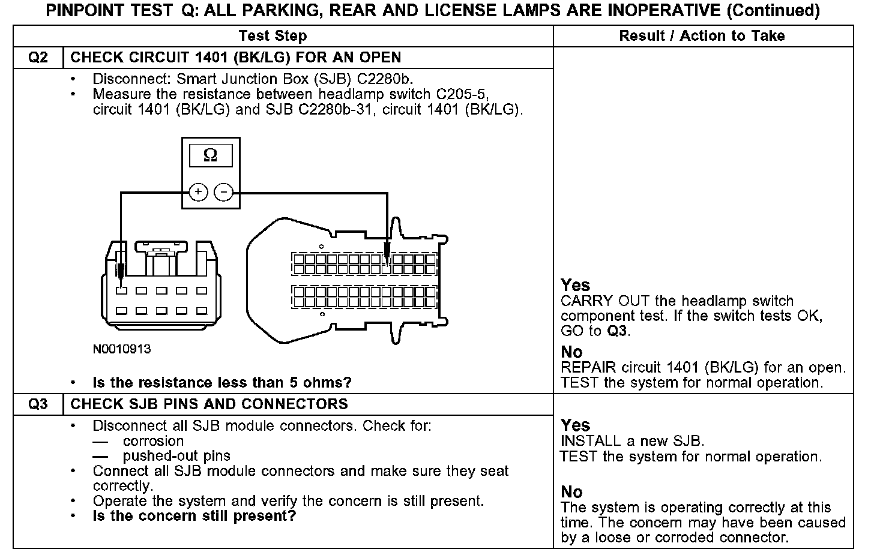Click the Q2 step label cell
[x=38, y=58]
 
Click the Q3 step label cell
[x=38, y=404]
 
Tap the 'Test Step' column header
[x=273, y=36]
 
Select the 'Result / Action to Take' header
[x=702, y=36]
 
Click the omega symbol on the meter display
[x=211, y=155]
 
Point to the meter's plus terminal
[x=198, y=192]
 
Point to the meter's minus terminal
[x=223, y=192]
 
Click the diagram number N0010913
[x=122, y=349]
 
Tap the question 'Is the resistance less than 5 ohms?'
[x=222, y=383]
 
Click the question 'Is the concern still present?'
[x=194, y=516]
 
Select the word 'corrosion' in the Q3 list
[x=153, y=441]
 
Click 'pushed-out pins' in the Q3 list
[x=176, y=456]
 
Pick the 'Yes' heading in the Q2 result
[x=575, y=285]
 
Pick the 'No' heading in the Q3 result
[x=571, y=492]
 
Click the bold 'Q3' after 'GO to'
[x=618, y=331]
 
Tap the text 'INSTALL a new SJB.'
[x=632, y=441]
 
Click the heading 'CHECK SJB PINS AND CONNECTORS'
[x=209, y=404]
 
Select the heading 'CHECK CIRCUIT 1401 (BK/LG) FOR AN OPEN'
[x=236, y=58]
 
